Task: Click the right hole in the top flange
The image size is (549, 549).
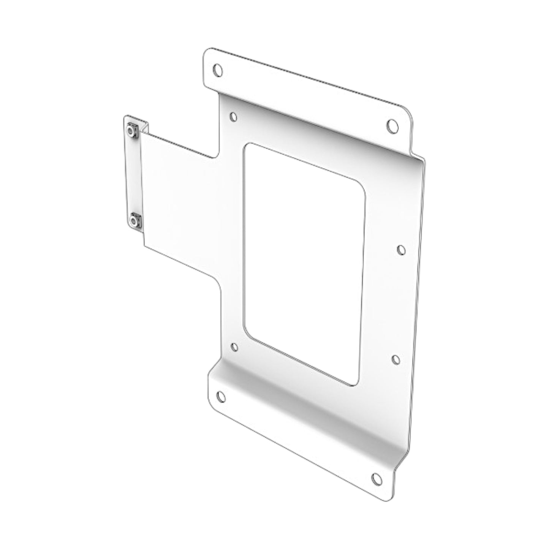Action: pos(392,125)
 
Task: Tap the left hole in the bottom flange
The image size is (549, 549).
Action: pos(220,397)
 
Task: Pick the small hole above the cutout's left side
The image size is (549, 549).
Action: pos(234,116)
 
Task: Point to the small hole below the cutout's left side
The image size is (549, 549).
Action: pos(234,347)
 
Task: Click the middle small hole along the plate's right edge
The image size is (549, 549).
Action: pos(401,250)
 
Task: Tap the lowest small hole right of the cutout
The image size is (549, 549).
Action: pos(396,359)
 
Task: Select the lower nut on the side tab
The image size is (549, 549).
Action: pos(134,220)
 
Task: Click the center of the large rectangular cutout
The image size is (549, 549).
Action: pos(304,262)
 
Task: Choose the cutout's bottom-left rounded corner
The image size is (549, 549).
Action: pos(249,334)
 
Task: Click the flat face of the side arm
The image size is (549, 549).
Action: pos(179,201)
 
